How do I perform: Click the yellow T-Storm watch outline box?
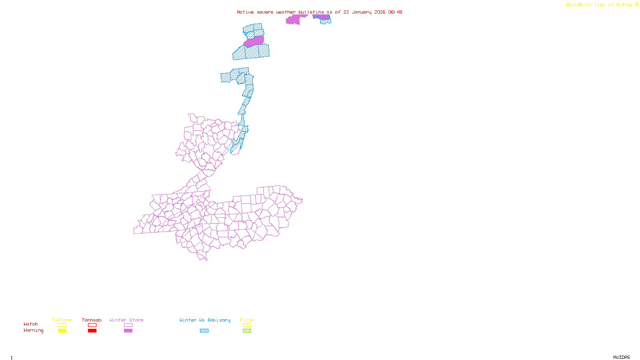[62, 325]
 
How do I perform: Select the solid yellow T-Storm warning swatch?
[62, 331]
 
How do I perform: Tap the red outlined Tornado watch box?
[92, 325]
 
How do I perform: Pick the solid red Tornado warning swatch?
[92, 331]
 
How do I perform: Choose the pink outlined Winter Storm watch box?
[128, 325]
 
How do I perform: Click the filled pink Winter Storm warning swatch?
[128, 331]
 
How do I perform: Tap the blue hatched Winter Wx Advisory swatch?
[204, 331]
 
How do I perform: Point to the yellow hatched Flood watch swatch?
[247, 325]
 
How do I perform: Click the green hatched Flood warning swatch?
[247, 331]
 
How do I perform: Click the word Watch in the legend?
[31, 324]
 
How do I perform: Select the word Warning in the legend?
[33, 330]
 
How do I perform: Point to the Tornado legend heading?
[92, 320]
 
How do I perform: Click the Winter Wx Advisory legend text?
[205, 320]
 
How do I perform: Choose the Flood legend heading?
[247, 320]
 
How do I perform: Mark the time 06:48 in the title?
[395, 12]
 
